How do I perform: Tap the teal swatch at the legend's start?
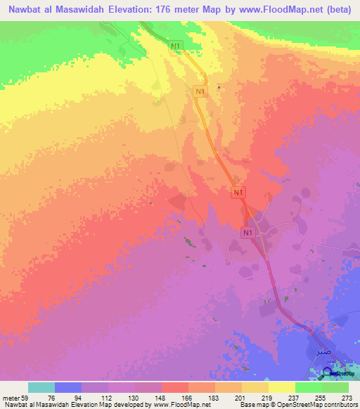(41, 387)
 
